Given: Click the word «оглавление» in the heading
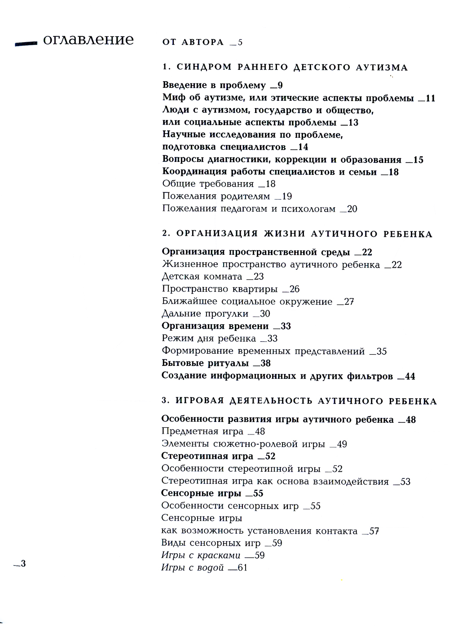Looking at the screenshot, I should (x=88, y=40).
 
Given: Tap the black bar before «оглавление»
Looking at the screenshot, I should (x=26, y=43).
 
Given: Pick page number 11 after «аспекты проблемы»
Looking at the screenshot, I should (x=430, y=98).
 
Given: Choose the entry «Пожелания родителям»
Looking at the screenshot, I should (x=216, y=196).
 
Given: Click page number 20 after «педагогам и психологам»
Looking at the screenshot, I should (x=352, y=209).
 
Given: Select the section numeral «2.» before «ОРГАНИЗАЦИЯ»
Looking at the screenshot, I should (x=166, y=234).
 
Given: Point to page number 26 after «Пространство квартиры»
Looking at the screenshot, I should (x=294, y=289).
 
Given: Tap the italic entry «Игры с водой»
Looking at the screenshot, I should (x=192, y=568).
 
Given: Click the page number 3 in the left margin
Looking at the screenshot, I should (x=23, y=564).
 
